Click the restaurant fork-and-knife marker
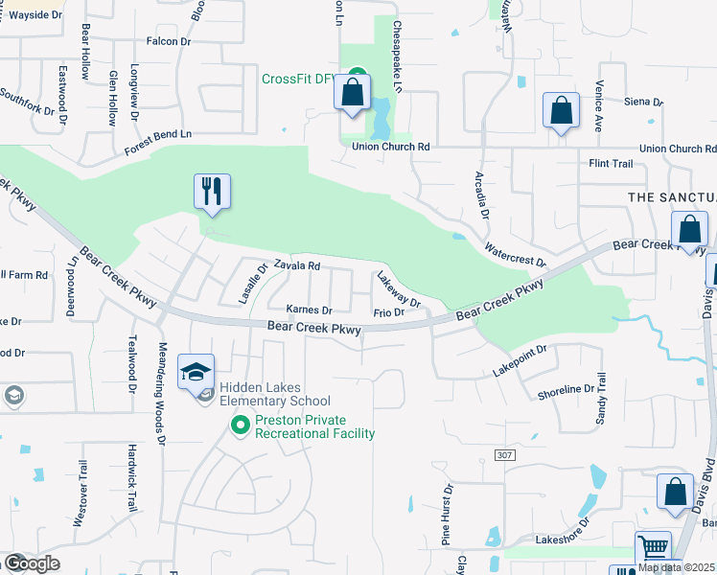click(x=211, y=191)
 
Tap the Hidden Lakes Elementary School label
click(x=275, y=394)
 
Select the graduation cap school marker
click(x=196, y=372)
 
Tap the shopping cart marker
click(x=653, y=549)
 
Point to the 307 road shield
click(x=504, y=454)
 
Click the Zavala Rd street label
click(x=296, y=266)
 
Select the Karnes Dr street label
click(x=309, y=310)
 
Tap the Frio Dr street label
click(x=388, y=313)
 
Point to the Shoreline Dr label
click(x=567, y=390)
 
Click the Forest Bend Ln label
click(x=158, y=143)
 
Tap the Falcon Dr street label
click(x=169, y=41)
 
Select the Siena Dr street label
click(x=643, y=102)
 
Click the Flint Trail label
click(x=611, y=164)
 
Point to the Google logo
click(x=32, y=563)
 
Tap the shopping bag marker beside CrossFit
click(x=352, y=94)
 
